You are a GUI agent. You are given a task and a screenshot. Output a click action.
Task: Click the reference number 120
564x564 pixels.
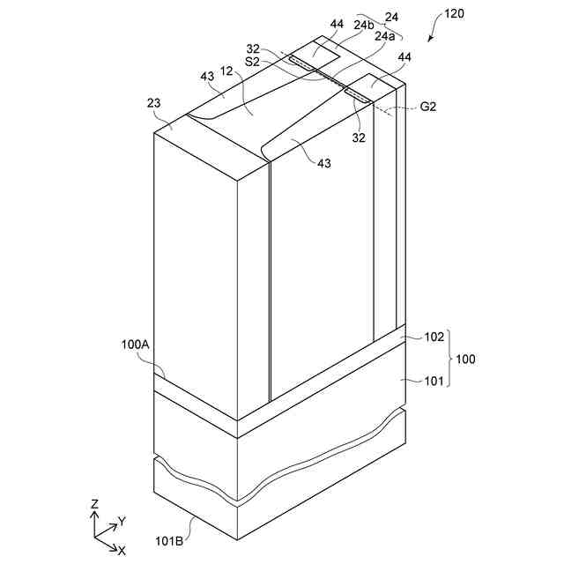[x=454, y=16]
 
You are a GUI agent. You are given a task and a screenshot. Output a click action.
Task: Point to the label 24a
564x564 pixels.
[x=384, y=36]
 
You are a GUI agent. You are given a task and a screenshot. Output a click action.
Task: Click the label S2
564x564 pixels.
[x=253, y=62]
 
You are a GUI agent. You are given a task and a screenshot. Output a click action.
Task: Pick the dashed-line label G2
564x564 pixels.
[x=429, y=107]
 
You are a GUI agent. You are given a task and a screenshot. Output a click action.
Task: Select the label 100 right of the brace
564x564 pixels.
[x=465, y=359]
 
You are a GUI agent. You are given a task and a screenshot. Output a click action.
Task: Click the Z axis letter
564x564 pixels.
[x=94, y=504]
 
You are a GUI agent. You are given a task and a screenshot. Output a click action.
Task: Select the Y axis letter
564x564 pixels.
[x=122, y=522]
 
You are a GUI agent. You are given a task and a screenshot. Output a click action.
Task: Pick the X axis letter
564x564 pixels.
[x=122, y=551]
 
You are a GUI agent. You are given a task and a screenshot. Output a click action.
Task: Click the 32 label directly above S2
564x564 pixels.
[x=253, y=49]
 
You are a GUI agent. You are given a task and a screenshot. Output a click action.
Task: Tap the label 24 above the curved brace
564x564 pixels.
[x=391, y=16]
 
